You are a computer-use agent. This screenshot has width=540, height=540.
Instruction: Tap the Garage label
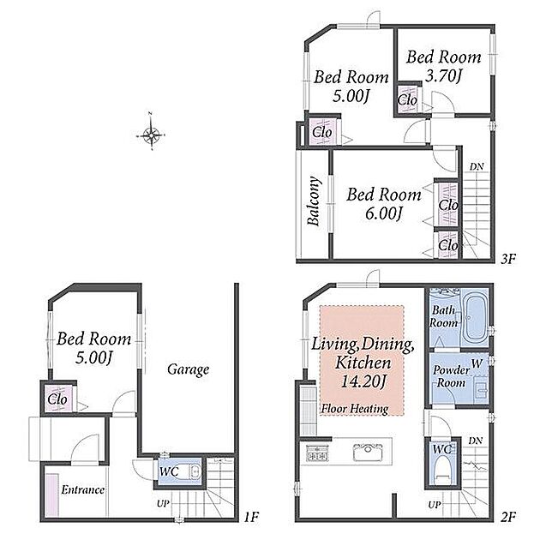(188, 369)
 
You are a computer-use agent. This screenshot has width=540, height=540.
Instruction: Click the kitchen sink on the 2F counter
(368, 452)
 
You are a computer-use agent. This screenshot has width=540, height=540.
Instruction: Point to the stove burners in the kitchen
(317, 453)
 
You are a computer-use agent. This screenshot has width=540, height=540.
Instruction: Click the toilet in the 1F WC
(189, 471)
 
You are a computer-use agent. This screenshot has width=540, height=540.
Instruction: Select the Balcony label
(314, 201)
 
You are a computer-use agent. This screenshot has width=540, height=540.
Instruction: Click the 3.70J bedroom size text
(443, 75)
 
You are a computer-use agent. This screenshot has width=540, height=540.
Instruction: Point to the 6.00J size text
(384, 213)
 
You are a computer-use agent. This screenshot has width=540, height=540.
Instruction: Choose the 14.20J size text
(363, 381)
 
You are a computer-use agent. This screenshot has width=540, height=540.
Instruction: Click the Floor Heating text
(355, 409)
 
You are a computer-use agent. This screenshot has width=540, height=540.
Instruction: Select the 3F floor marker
(508, 259)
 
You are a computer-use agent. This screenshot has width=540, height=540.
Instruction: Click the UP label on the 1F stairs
(163, 503)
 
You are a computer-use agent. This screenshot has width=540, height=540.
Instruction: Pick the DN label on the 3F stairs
(477, 166)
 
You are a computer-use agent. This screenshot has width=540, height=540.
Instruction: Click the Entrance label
(82, 489)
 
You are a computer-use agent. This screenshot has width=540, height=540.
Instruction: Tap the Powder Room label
(451, 376)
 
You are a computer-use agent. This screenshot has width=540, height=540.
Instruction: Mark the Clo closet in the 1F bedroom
(57, 399)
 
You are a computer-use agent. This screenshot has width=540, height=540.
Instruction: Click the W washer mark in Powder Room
(477, 363)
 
